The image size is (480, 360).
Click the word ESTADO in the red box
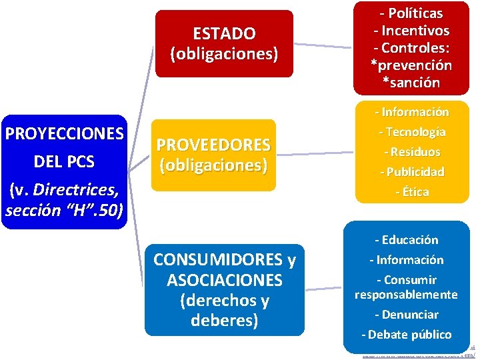coord(224,33)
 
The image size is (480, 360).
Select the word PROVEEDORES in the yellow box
coord(213,145)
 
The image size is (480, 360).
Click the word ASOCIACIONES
coord(224,279)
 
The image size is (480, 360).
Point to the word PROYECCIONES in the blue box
coord(64,133)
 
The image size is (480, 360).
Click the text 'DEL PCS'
coord(64,162)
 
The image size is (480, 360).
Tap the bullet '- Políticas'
coord(411,13)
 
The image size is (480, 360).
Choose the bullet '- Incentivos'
coord(411,31)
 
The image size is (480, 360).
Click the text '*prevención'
coord(411,65)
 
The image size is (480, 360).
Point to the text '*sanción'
coord(411,83)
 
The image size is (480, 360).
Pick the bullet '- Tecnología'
coord(411,132)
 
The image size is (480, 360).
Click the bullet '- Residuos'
coord(411,152)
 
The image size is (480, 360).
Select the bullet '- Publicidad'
coord(411,172)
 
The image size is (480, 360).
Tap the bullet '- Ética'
coord(411,192)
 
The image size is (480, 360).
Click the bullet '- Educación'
coord(406,240)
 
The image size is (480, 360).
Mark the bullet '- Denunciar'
coord(406,315)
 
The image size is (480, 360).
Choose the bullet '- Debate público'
coord(406,335)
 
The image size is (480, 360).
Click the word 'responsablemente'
coord(406,295)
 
